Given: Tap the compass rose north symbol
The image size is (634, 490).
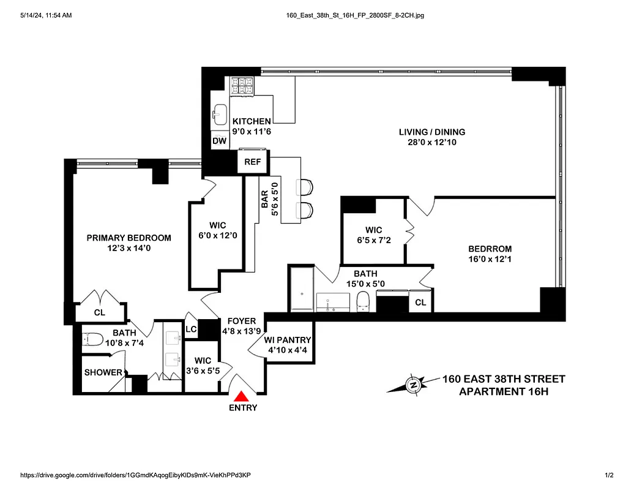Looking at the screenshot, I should [x=413, y=385].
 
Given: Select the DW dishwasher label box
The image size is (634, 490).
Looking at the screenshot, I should [x=220, y=141].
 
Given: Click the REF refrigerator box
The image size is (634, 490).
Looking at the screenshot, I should [x=253, y=162].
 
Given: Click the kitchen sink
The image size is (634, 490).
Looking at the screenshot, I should [x=220, y=113].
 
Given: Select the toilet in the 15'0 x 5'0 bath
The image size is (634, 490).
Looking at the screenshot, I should [x=363, y=301].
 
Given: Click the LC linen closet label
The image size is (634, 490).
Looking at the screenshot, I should [x=191, y=329].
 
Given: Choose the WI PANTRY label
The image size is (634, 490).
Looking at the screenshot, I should [x=288, y=341].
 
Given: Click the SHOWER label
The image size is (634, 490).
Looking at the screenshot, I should [x=103, y=372].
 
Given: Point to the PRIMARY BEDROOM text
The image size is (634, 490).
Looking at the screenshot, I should [x=129, y=238].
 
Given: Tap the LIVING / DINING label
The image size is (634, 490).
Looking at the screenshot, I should [x=431, y=132].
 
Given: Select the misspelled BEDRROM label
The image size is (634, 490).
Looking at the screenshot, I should [x=490, y=249].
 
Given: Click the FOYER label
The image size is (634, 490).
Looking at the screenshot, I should [x=242, y=321].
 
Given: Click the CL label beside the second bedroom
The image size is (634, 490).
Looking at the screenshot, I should [x=420, y=303].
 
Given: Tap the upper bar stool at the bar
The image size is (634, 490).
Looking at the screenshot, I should [x=304, y=186].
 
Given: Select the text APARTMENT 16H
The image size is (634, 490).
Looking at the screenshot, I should [x=503, y=391].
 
